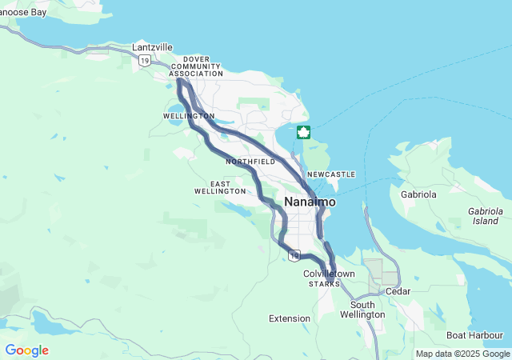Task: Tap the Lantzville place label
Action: pos(152,47)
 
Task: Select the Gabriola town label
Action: pos(418,194)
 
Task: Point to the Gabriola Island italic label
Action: pos(485,215)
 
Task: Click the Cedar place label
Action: pos(398,291)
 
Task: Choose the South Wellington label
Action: pos(367,310)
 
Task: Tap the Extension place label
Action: pos(289,318)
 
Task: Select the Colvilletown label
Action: pos(329,274)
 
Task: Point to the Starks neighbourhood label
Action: pos(324,284)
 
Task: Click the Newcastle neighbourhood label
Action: pos(330,174)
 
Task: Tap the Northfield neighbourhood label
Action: pos(250,162)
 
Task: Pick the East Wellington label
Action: pos(220,187)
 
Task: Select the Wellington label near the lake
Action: pos(189,116)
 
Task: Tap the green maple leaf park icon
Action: pos(303,132)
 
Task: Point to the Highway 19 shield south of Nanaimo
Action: pos(294,255)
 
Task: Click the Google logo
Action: pos(26,350)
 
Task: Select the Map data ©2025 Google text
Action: pos(462,354)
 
